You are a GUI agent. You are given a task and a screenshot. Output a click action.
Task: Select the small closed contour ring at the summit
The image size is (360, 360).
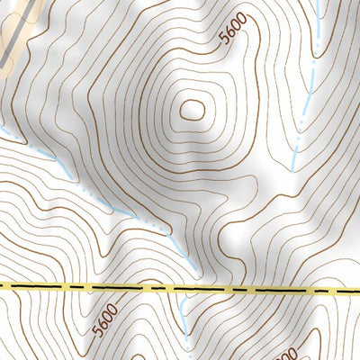(192, 110)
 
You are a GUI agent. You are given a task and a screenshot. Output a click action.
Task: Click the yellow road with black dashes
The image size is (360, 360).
(180, 290)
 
